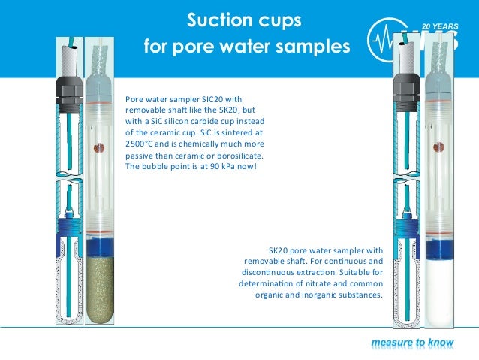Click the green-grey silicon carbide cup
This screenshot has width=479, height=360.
99,289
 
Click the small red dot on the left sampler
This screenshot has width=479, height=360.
97,149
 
